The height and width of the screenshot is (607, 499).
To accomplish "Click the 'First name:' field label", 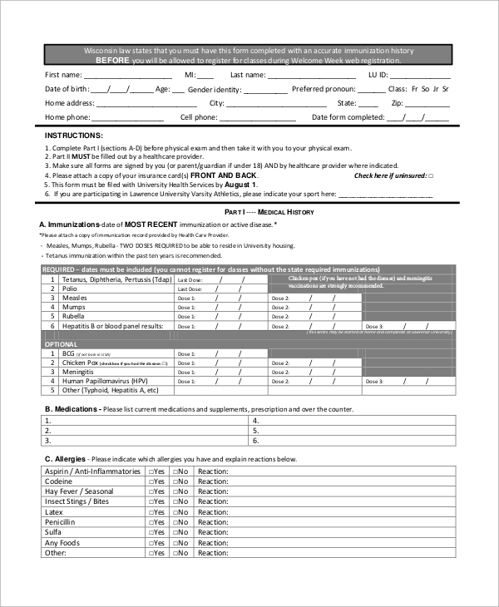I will pyautogui.click(x=64, y=74).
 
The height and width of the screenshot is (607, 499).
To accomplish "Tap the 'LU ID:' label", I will pyautogui.click(x=378, y=74).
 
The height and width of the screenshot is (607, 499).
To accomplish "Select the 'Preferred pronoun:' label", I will pyautogui.click(x=327, y=89).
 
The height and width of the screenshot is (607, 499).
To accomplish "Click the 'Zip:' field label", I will pyautogui.click(x=397, y=103).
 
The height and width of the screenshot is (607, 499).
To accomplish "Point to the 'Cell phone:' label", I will pyautogui.click(x=198, y=118).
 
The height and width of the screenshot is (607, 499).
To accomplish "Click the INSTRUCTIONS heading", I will pyautogui.click(x=74, y=135).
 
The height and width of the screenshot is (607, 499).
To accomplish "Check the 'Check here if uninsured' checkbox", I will pyautogui.click(x=429, y=176).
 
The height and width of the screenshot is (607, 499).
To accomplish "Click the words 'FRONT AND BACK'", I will pyautogui.click(x=223, y=176).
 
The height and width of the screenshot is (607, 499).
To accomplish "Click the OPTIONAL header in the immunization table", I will pyautogui.click(x=61, y=344).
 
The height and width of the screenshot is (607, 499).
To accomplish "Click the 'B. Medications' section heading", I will pyautogui.click(x=73, y=409).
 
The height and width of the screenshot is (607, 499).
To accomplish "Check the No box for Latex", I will pyautogui.click(x=175, y=513).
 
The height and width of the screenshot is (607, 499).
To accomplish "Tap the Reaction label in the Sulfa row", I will pyautogui.click(x=213, y=533).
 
